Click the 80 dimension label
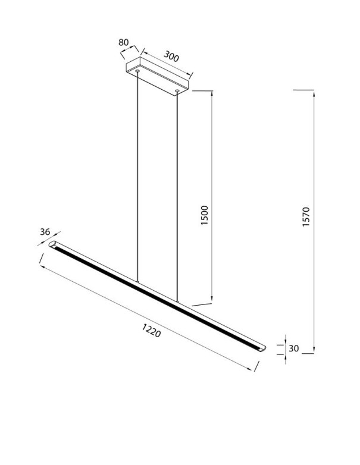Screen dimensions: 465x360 click(124, 43)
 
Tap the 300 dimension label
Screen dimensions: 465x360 click(171, 58)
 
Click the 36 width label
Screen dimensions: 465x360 click(45, 232)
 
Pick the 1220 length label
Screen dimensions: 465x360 click(151, 329)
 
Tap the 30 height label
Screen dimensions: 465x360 click(293, 348)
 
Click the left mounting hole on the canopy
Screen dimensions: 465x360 click(138, 72)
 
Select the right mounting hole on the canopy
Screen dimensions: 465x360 click(177, 91)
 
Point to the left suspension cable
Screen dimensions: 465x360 click(138, 178)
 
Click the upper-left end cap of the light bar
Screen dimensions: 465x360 click(53, 245)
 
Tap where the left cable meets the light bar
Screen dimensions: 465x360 click(138, 281)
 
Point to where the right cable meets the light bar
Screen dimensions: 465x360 click(177, 301)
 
